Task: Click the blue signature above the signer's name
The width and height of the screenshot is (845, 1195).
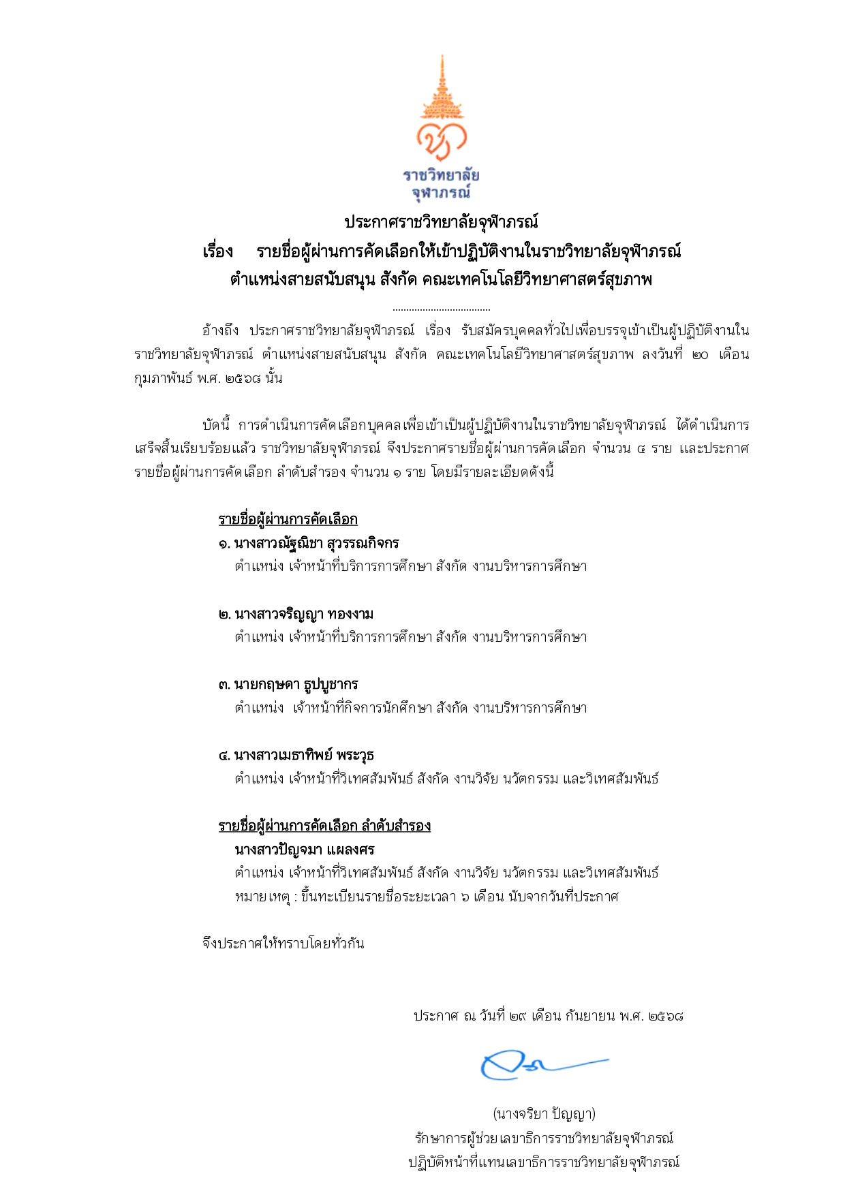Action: [x=538, y=1066]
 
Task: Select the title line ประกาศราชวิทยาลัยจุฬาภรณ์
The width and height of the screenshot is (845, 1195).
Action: [x=441, y=222]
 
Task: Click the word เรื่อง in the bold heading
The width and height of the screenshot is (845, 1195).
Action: [x=217, y=251]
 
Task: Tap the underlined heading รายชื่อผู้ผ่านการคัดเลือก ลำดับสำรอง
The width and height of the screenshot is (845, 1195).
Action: [x=324, y=826]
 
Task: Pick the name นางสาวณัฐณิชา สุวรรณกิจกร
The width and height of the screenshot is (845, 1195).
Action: [x=316, y=543]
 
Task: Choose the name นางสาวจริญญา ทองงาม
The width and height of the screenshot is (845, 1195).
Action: [x=304, y=614]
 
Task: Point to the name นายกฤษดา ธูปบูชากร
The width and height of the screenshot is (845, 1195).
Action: [x=296, y=684]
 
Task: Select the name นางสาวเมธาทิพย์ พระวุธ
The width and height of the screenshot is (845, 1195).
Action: [x=304, y=755]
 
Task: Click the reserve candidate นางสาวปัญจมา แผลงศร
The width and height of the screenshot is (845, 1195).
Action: [x=305, y=850]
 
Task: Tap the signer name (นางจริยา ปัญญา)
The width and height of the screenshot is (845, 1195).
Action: [x=544, y=1114]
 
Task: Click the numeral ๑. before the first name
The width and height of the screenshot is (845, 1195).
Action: [x=224, y=544]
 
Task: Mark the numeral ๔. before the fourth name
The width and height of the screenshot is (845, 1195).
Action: [x=224, y=756]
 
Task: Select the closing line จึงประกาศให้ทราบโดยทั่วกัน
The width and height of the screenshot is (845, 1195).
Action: [x=283, y=944]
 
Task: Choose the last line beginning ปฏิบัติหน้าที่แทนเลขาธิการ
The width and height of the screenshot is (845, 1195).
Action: [x=544, y=1162]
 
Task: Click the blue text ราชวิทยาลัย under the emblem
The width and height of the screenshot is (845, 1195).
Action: [x=441, y=175]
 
